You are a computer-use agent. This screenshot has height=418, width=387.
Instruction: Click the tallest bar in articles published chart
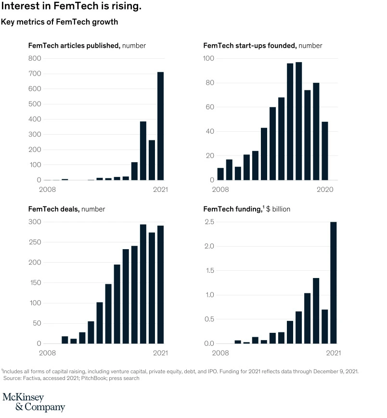(161, 126)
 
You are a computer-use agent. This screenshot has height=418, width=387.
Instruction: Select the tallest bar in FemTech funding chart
(334, 282)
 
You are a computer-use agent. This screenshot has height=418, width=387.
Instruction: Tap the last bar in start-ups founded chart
(325, 151)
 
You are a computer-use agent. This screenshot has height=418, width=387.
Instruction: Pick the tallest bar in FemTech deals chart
(143, 284)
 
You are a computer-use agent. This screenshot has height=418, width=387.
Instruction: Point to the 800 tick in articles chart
(35, 58)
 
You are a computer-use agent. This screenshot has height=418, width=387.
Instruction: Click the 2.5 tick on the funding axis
(209, 222)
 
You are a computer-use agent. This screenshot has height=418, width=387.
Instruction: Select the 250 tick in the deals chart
(35, 242)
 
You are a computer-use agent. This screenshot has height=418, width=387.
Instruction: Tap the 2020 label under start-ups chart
(325, 190)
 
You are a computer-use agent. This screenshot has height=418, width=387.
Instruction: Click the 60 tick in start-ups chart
(210, 107)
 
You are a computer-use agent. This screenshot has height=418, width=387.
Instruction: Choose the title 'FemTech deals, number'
(67, 209)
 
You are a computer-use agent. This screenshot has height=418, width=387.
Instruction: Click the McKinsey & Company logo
(34, 402)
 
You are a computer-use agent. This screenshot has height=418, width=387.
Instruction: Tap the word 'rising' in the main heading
(125, 6)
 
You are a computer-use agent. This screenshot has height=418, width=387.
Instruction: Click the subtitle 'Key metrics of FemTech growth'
(60, 22)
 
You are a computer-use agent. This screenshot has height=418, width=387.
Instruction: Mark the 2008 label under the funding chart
(220, 353)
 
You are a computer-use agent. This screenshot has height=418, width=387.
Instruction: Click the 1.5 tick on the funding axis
(210, 271)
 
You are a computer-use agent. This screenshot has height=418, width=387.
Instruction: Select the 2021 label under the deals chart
(161, 353)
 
